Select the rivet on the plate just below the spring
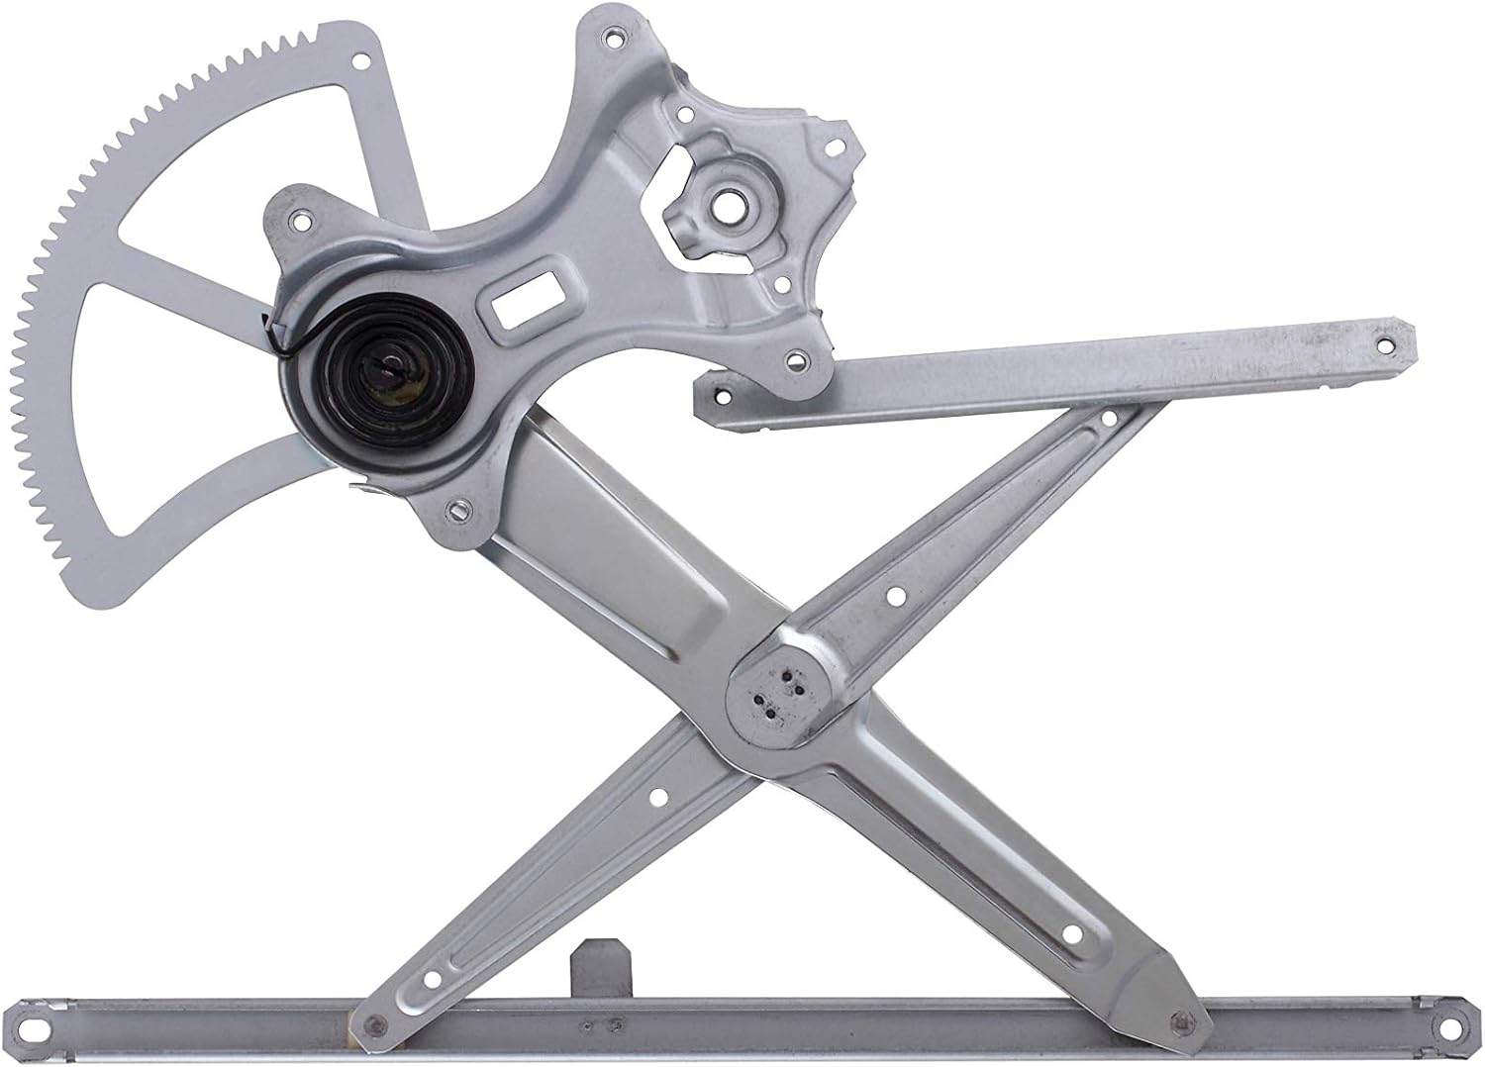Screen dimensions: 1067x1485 click(x=458, y=512)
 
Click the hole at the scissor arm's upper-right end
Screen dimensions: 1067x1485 click(x=1108, y=420)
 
